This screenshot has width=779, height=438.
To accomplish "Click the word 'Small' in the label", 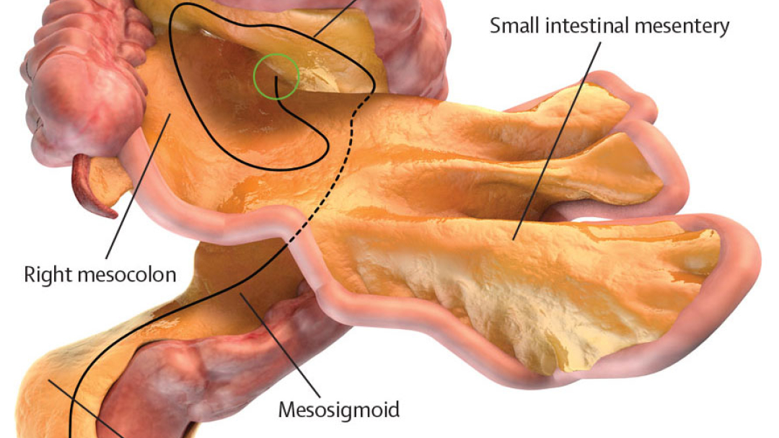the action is pyautogui.click(x=515, y=26).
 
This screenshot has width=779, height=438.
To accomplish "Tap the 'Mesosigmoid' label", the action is pyautogui.click(x=339, y=410).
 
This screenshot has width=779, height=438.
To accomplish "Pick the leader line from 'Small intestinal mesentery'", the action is pyautogui.click(x=556, y=141).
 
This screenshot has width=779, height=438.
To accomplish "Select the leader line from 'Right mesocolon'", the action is pyautogui.click(x=138, y=186).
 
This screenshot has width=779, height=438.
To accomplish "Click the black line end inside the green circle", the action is pyautogui.click(x=276, y=78).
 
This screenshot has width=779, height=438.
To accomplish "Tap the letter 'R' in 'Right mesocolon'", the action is pyautogui.click(x=30, y=274).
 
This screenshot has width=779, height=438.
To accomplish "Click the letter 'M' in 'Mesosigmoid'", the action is pyautogui.click(x=286, y=410).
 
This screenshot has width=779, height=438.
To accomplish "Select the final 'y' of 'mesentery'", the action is pyautogui.click(x=725, y=30).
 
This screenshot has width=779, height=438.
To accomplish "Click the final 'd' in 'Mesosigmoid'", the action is pyautogui.click(x=394, y=409).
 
